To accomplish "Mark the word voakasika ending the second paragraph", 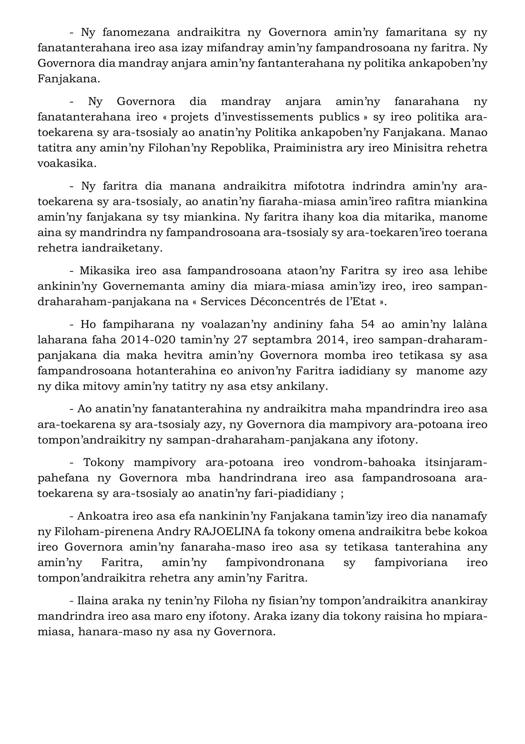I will tap(67, 164).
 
